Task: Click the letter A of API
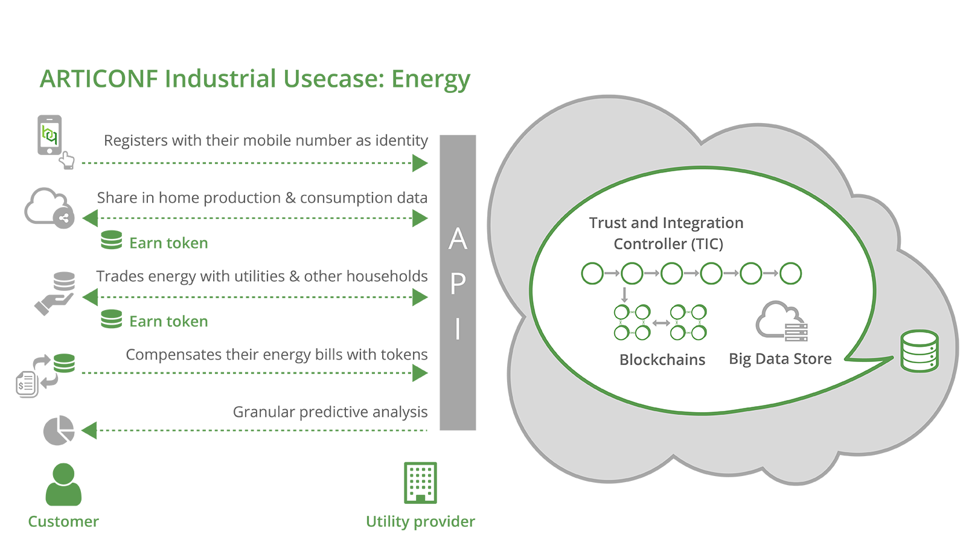[x=458, y=240]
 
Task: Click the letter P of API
[x=458, y=284]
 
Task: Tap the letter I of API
[x=458, y=329]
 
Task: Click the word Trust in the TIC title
[x=608, y=223]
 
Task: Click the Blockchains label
[x=662, y=360]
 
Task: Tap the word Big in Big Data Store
[x=740, y=359]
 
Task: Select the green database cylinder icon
[x=920, y=351]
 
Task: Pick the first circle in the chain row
[x=592, y=273]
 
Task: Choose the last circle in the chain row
[x=791, y=273]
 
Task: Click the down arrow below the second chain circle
[x=624, y=294]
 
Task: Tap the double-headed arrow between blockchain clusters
[x=661, y=323]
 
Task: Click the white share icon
[x=64, y=218]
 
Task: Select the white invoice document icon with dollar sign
[x=26, y=383]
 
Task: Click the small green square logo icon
[x=50, y=135]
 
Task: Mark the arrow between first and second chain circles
[x=612, y=273]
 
